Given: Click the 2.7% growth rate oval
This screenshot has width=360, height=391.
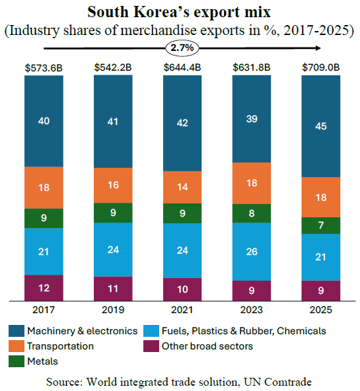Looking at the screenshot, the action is (x=182, y=48).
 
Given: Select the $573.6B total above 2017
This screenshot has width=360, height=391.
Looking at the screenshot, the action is (x=44, y=68).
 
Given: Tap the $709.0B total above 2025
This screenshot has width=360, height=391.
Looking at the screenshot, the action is (x=321, y=67).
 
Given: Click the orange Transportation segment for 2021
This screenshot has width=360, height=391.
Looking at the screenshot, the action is (x=182, y=188).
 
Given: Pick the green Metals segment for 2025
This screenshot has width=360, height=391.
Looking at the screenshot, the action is (x=321, y=225).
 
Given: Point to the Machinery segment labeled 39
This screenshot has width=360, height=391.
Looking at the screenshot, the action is (x=252, y=119).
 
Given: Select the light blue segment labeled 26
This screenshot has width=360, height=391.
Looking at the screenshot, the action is (x=252, y=252).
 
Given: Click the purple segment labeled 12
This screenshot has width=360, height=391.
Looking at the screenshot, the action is (x=44, y=288).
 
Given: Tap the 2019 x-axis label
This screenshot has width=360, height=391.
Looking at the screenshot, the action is (x=113, y=310).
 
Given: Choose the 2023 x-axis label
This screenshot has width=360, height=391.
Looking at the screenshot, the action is (x=252, y=310).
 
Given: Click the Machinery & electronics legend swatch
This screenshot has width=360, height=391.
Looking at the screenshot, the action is (x=17, y=331).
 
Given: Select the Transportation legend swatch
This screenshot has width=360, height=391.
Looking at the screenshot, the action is (x=17, y=346).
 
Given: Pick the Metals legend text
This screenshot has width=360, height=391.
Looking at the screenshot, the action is (x=43, y=361).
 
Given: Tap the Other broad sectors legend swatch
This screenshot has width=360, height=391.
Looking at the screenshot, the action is (x=151, y=346).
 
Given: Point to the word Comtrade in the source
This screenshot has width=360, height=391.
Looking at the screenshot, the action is (x=288, y=382).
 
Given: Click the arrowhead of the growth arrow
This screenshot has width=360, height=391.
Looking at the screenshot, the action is (x=318, y=48).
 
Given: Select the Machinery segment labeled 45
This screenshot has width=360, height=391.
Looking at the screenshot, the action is (x=321, y=126).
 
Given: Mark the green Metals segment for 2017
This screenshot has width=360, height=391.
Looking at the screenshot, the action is (x=44, y=218).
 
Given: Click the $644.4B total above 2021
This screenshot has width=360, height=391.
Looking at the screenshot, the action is (x=182, y=67).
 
